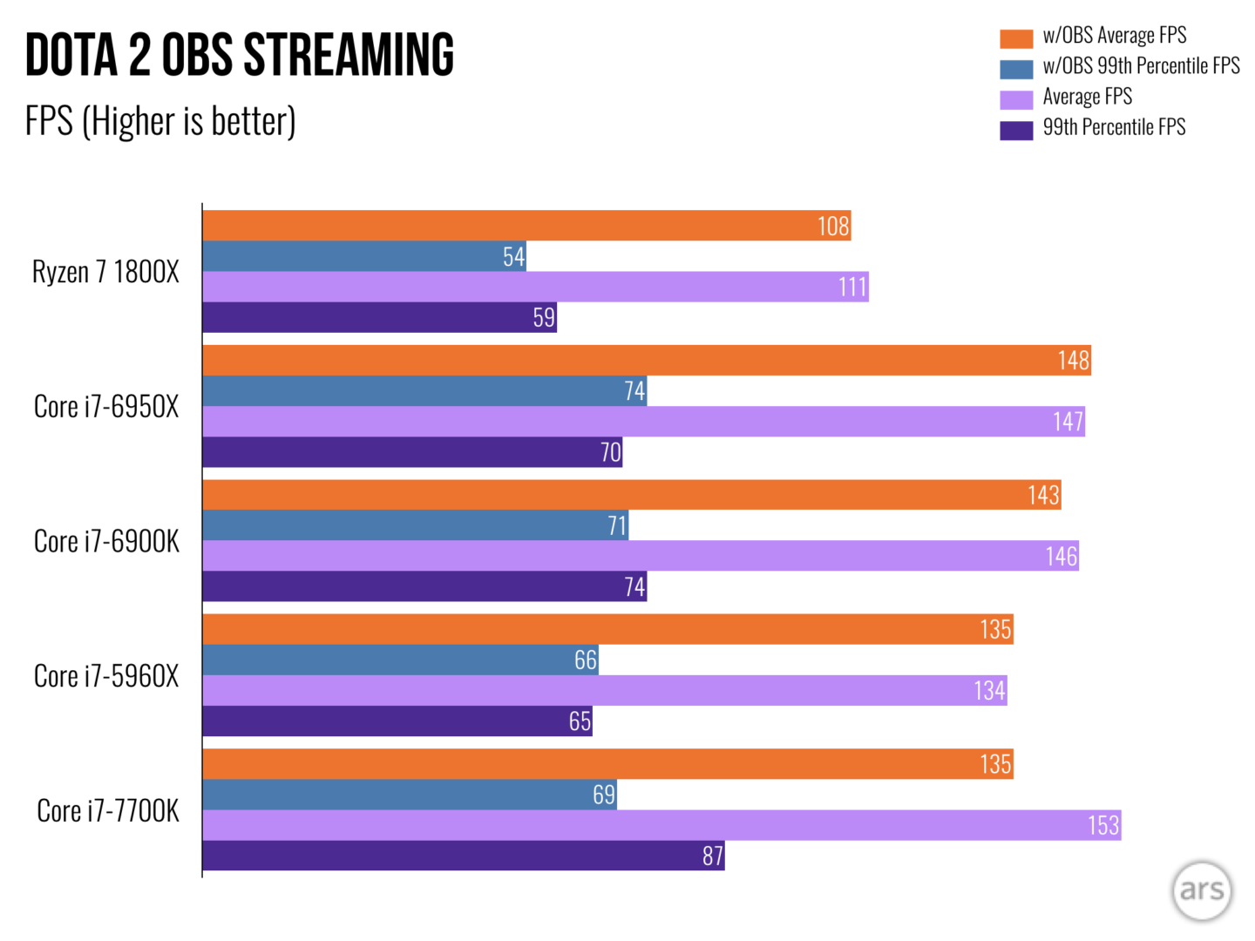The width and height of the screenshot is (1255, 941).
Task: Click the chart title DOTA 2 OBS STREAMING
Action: tap(240, 55)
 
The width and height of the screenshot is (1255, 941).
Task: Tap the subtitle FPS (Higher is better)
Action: tap(160, 121)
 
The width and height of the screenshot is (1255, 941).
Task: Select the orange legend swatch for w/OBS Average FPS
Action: tap(1016, 38)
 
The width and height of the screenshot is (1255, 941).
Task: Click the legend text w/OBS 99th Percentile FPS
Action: tap(1141, 66)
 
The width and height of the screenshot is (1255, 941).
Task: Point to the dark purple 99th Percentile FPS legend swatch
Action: tap(1016, 130)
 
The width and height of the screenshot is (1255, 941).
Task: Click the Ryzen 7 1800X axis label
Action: tap(105, 272)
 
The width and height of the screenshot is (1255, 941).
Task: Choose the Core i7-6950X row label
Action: tap(106, 407)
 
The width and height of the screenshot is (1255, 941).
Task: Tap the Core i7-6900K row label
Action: tap(106, 542)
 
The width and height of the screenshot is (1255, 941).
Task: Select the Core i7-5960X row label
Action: tap(106, 676)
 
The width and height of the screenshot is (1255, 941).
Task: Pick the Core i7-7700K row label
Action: tap(108, 811)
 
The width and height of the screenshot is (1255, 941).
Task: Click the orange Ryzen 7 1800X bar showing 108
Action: tap(526, 226)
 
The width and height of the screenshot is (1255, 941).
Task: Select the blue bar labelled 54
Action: tap(364, 256)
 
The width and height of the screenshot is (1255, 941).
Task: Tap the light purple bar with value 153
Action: tap(661, 825)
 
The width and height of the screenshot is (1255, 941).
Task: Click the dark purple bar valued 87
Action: tap(464, 856)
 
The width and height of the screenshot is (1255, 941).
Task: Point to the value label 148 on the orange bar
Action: tap(1073, 361)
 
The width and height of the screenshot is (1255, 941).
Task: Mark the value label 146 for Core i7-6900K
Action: tap(1061, 556)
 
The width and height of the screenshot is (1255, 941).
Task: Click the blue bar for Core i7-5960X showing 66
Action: tap(400, 660)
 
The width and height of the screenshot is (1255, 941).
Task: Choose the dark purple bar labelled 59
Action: tap(379, 317)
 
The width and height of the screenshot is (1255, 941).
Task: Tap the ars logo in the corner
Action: tap(1202, 890)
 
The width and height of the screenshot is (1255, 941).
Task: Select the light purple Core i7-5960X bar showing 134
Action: tap(605, 691)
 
